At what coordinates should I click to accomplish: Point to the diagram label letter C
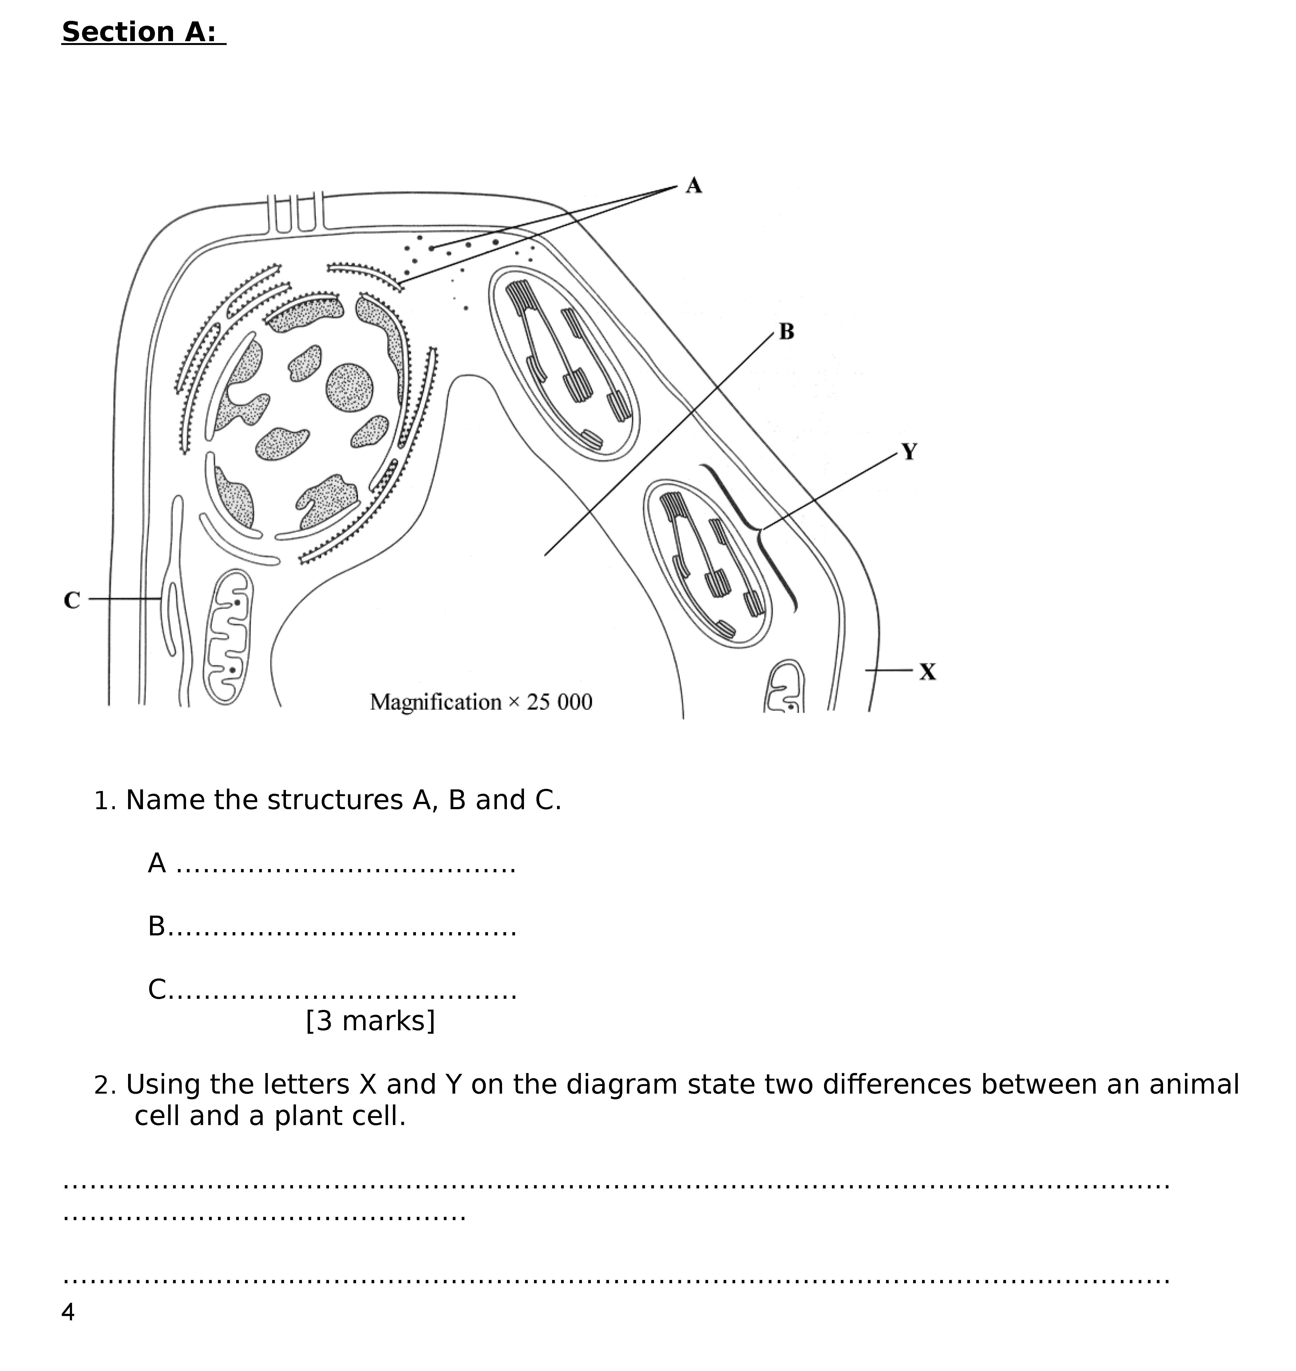pos(72,601)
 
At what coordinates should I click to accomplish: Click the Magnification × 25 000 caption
pos(481,702)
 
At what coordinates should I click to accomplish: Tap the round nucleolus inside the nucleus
pos(350,387)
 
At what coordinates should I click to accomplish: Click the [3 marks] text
pos(370,1021)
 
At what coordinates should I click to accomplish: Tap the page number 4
pos(68,1312)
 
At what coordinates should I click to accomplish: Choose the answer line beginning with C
pos(332,990)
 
